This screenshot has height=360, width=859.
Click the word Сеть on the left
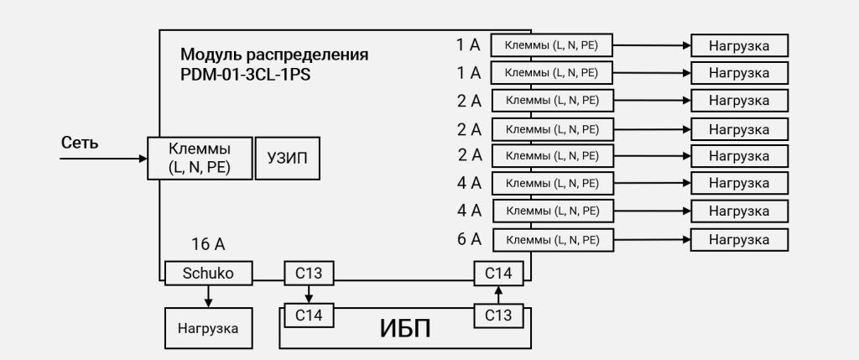tap(80, 143)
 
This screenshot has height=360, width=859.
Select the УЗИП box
tap(287, 158)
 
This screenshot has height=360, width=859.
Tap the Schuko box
tap(208, 273)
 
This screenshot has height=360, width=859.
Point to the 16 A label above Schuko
tap(208, 245)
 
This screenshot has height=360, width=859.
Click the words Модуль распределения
tap(274, 55)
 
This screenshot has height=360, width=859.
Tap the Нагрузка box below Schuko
tap(208, 328)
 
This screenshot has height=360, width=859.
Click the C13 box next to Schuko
tap(309, 273)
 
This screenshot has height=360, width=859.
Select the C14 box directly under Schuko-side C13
tap(309, 316)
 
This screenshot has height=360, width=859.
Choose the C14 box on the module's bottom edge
tap(498, 273)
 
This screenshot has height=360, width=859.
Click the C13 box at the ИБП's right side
tap(498, 316)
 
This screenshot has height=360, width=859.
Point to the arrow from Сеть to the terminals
tap(105, 157)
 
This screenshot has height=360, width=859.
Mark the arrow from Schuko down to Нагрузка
tap(208, 296)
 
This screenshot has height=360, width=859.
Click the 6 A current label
tap(470, 239)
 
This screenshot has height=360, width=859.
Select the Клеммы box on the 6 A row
tap(552, 240)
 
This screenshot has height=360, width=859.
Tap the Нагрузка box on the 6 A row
tap(739, 240)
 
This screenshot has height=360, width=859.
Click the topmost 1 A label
tap(469, 44)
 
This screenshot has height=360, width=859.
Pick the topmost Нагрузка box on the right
tap(739, 45)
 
